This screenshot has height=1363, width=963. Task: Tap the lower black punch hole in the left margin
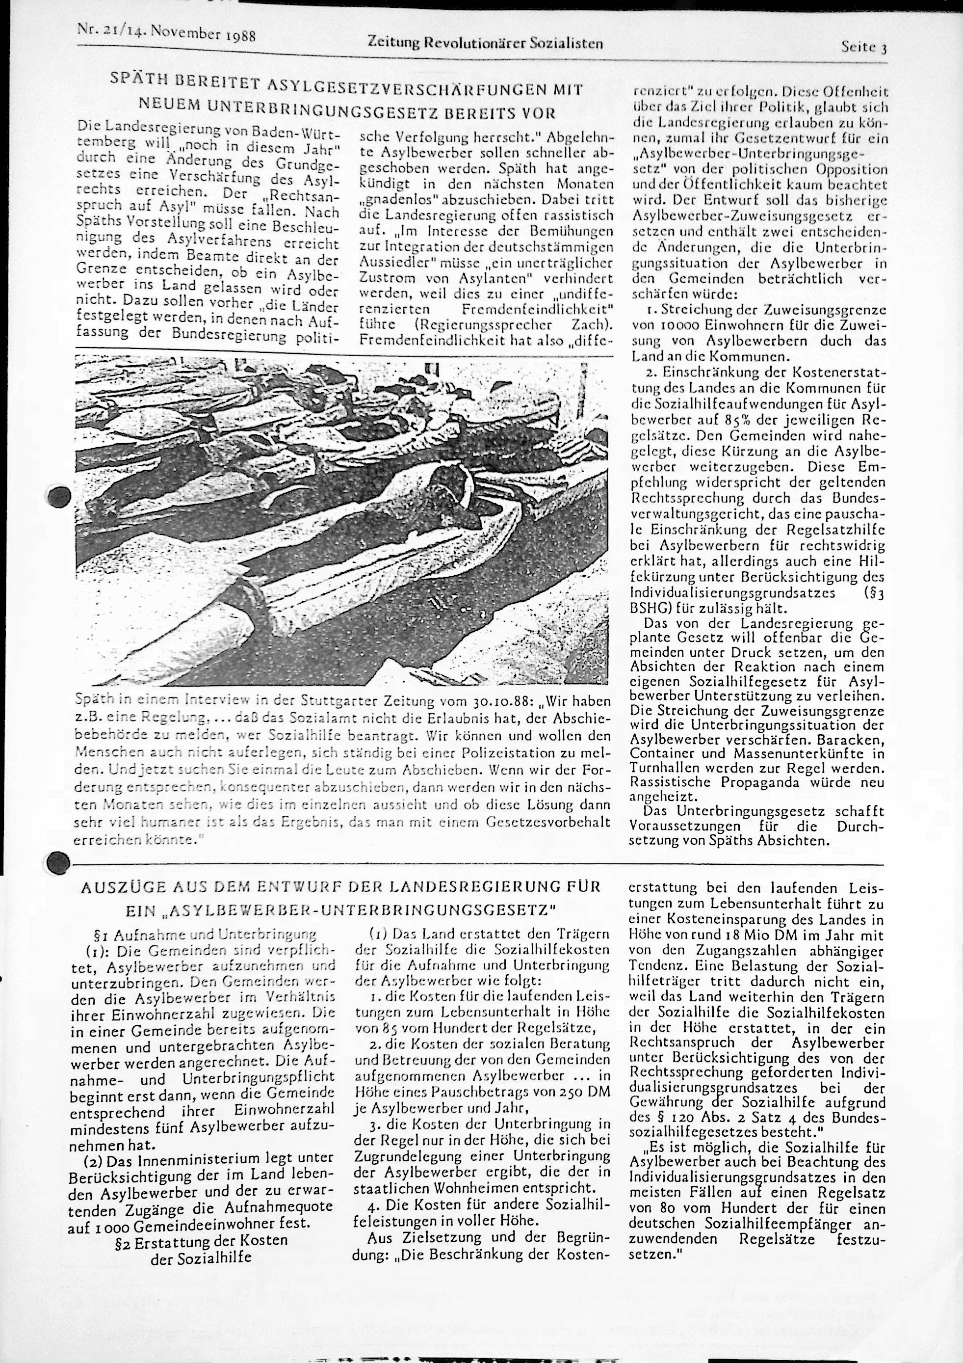tap(57, 861)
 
